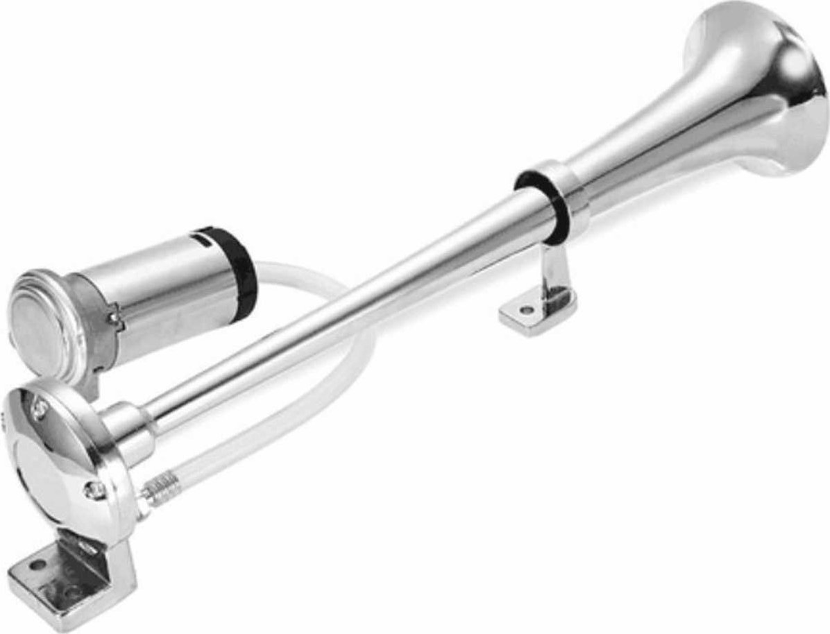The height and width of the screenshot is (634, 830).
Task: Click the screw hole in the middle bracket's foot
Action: coord(527,310)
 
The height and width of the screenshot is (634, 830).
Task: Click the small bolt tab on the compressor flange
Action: coord(114,320)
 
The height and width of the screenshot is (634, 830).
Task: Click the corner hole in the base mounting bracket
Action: coord(37,565)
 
